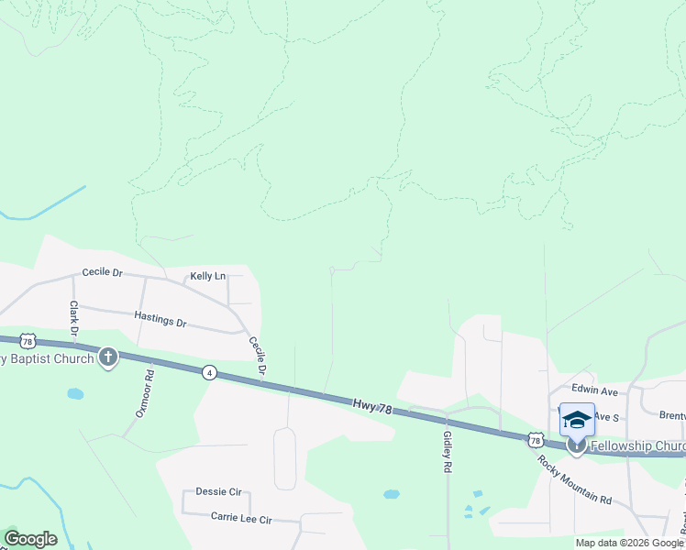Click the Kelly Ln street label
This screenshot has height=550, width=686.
(x=207, y=276)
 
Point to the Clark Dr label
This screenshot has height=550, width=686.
(x=72, y=316)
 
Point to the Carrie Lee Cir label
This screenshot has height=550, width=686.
(x=241, y=519)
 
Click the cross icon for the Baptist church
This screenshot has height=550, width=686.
(x=108, y=357)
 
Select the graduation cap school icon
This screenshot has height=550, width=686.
(x=577, y=420)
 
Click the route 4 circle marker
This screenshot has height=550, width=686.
(x=210, y=372)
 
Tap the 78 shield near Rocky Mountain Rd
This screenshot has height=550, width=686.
(x=535, y=441)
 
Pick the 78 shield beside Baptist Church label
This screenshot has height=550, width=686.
(x=28, y=340)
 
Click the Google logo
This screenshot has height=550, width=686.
(x=30, y=539)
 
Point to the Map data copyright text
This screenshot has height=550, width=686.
(x=628, y=543)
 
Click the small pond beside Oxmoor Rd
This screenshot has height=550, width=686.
(x=75, y=394)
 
